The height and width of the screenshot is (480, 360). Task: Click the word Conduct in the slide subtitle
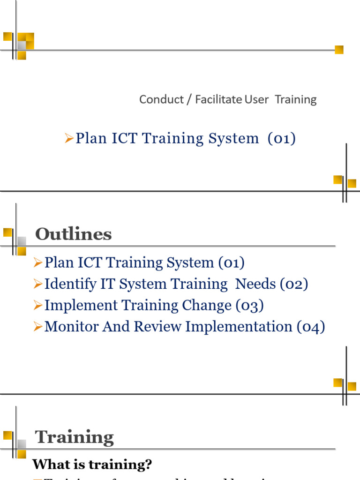coord(161,99)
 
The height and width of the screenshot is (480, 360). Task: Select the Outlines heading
coord(74,234)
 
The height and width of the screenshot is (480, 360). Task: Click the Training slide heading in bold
coord(75,437)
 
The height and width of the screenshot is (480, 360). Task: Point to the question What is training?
coord(92,465)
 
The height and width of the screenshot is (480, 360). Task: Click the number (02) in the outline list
coord(294,284)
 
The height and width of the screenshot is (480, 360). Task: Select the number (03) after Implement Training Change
coord(250,306)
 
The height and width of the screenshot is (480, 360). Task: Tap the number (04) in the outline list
coord(311,327)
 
